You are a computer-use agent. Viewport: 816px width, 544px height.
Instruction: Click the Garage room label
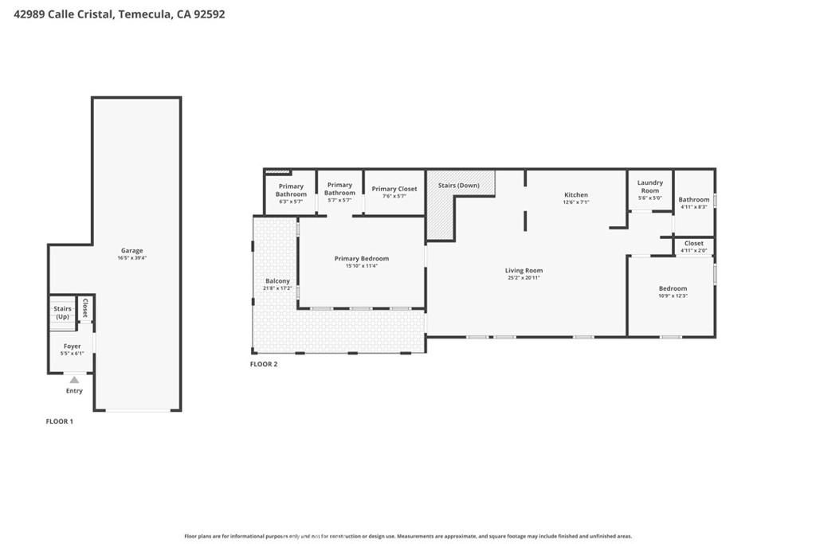[x=131, y=251]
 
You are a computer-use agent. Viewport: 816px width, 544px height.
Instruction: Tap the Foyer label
[x=72, y=346]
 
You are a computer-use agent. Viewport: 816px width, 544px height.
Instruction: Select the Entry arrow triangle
[x=74, y=380]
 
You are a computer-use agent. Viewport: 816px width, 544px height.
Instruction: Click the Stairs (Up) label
[x=62, y=312]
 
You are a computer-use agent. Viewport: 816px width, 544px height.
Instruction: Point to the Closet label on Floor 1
[x=84, y=308]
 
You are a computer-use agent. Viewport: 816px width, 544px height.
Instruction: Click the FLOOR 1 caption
[x=59, y=421]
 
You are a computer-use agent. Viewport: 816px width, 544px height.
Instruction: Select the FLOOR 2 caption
[x=264, y=364]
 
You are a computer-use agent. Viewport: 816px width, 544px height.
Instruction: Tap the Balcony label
[x=277, y=281]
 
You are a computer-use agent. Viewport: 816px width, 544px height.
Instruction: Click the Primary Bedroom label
[x=361, y=258]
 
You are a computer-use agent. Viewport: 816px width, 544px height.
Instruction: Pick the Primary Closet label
[x=394, y=189]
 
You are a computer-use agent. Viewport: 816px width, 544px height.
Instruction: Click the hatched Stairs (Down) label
[x=458, y=186]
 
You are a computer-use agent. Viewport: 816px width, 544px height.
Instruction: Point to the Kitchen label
[x=575, y=195]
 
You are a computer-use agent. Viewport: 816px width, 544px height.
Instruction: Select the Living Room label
[x=524, y=271]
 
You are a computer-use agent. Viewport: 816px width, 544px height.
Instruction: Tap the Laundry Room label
[x=650, y=186]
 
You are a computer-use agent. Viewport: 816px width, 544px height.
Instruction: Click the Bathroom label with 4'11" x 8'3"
[x=693, y=200]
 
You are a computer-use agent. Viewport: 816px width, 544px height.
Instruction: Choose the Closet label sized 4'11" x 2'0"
[x=693, y=243]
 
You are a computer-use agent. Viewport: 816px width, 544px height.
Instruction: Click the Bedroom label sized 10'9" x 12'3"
[x=672, y=288]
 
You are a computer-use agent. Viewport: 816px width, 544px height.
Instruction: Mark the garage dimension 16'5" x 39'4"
[x=131, y=258]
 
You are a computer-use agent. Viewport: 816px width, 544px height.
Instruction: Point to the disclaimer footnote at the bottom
[x=408, y=536]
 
